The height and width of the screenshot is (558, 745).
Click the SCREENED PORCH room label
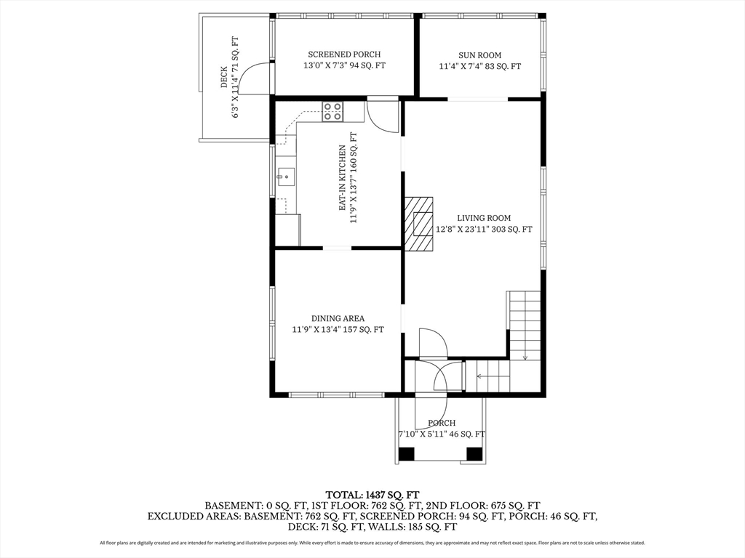(x=344, y=54)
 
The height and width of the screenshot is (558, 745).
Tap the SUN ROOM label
(x=480, y=55)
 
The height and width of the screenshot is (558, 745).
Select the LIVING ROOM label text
(x=484, y=218)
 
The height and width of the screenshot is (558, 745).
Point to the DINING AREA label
(x=338, y=319)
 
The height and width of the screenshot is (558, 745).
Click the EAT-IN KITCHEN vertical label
(x=342, y=178)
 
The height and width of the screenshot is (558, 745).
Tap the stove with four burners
(x=332, y=111)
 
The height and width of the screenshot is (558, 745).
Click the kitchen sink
(x=285, y=177)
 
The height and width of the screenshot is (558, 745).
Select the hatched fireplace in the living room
(x=418, y=223)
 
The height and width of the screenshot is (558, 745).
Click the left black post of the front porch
(x=406, y=454)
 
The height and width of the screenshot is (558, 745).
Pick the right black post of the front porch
(x=474, y=454)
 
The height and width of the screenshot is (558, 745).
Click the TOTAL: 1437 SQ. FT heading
(x=372, y=496)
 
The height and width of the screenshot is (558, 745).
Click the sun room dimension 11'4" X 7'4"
(x=464, y=66)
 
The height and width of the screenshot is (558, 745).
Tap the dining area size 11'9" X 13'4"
(x=316, y=330)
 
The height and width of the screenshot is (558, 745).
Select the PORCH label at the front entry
(x=442, y=424)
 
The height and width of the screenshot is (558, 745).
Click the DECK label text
(x=224, y=77)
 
